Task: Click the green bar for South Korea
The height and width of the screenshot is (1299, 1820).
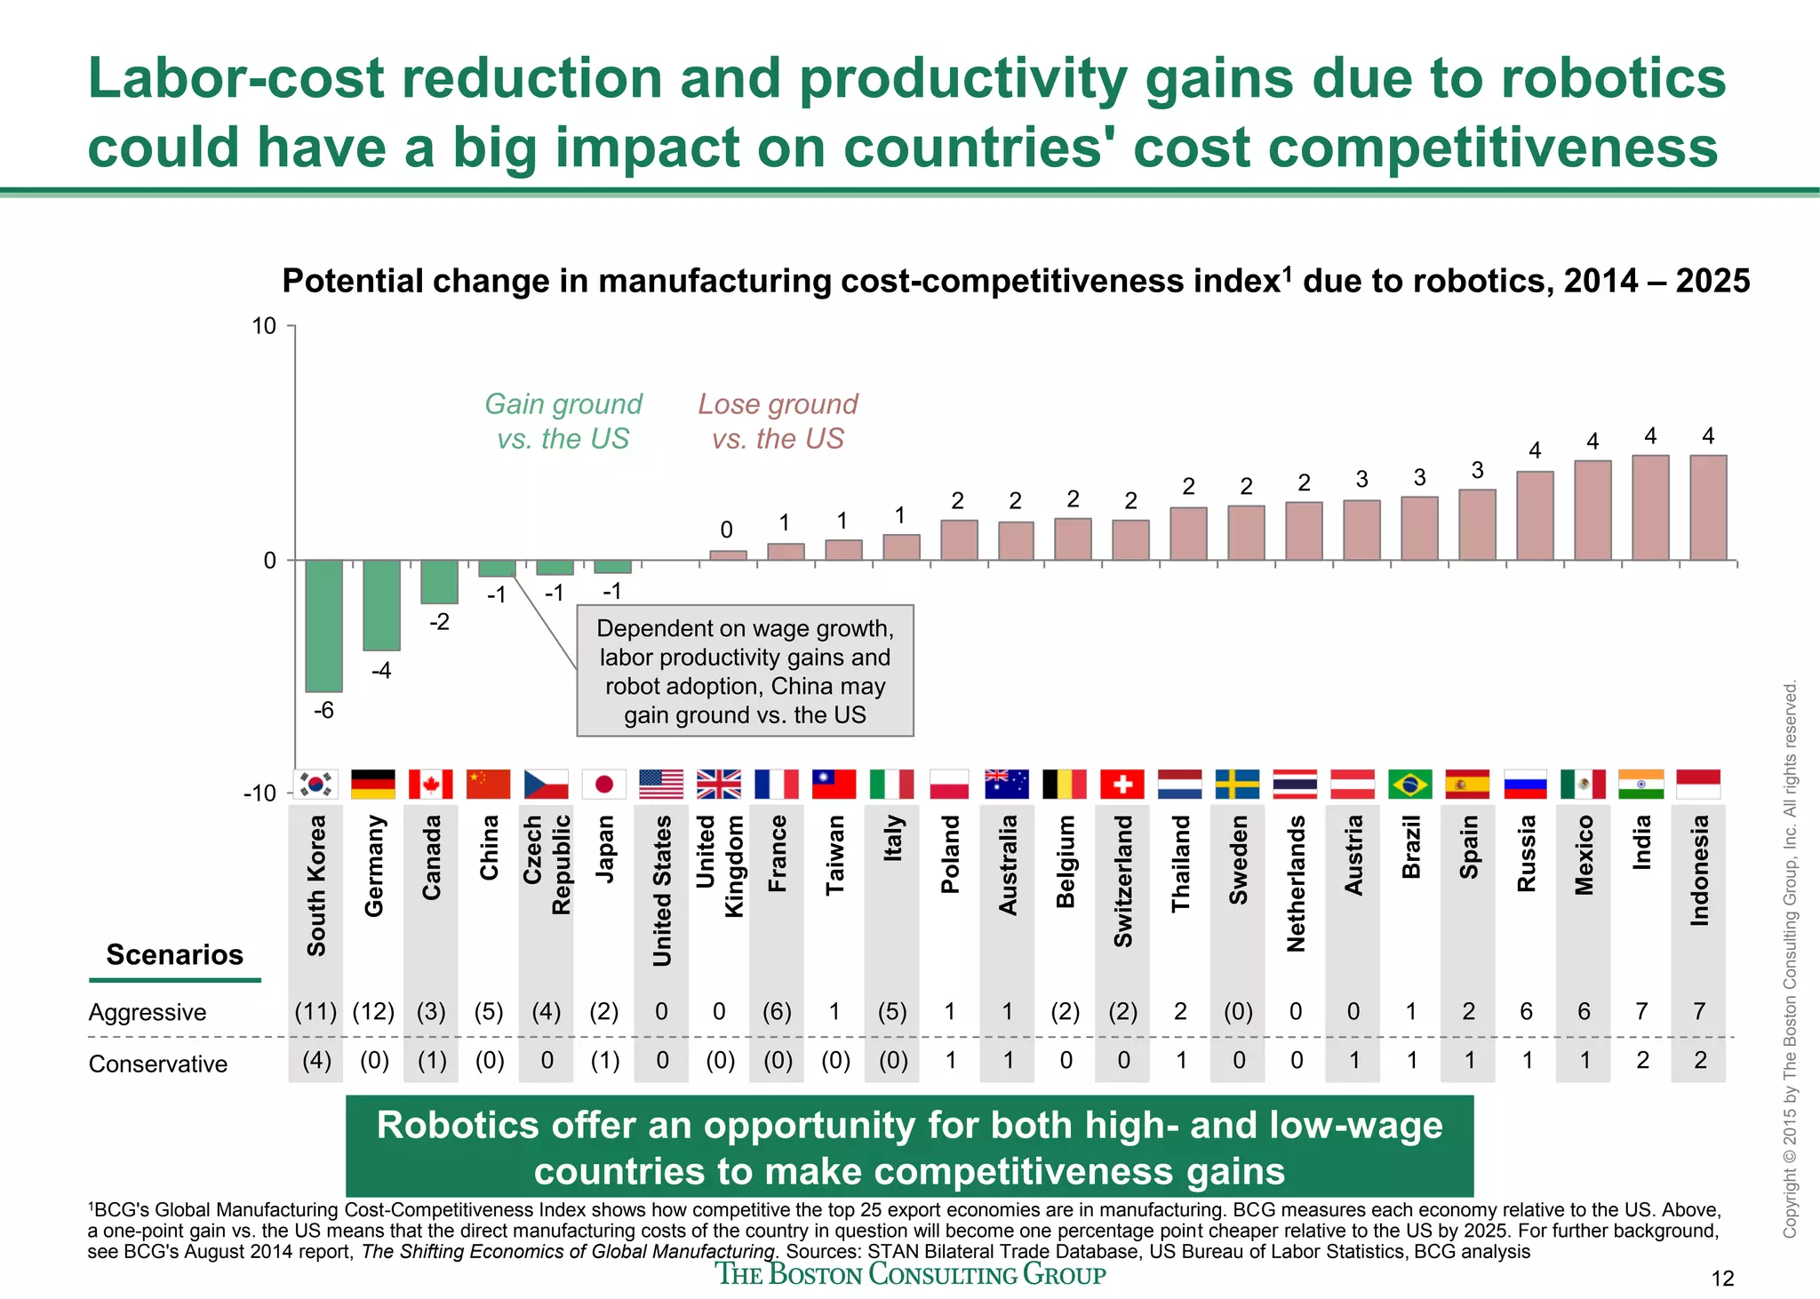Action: pyautogui.click(x=323, y=626)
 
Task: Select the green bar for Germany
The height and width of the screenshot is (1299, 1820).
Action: pyautogui.click(x=381, y=605)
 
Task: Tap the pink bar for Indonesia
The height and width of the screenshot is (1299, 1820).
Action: pyautogui.click(x=1708, y=507)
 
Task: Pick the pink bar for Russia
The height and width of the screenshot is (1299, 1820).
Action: pyautogui.click(x=1535, y=515)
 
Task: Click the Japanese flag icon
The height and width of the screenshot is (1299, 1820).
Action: pyautogui.click(x=604, y=785)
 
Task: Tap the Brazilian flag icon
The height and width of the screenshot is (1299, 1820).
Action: pyautogui.click(x=1410, y=785)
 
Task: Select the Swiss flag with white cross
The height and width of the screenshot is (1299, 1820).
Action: pyautogui.click(x=1122, y=785)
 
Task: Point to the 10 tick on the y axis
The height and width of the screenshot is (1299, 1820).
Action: pyautogui.click(x=265, y=326)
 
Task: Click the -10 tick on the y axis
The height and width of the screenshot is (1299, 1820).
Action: pyautogui.click(x=261, y=793)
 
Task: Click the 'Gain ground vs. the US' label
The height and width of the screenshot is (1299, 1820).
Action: pyautogui.click(x=563, y=421)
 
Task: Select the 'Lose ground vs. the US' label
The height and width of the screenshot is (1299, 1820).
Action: pyautogui.click(x=778, y=421)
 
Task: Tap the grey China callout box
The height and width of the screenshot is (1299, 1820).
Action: pyautogui.click(x=745, y=671)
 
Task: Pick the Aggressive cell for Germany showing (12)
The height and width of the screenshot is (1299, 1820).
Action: pyautogui.click(x=373, y=1011)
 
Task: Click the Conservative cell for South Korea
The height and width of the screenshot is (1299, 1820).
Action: pyautogui.click(x=316, y=1061)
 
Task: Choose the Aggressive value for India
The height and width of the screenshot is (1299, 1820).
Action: pyautogui.click(x=1641, y=1011)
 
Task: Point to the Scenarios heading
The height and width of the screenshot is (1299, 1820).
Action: pyautogui.click(x=174, y=954)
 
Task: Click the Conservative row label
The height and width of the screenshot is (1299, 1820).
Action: pyautogui.click(x=158, y=1064)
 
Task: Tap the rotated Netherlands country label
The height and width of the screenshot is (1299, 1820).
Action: pyautogui.click(x=1296, y=883)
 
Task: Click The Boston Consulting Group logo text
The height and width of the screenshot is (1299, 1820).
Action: pyautogui.click(x=910, y=1274)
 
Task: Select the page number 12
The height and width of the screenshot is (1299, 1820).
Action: pyautogui.click(x=1722, y=1279)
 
